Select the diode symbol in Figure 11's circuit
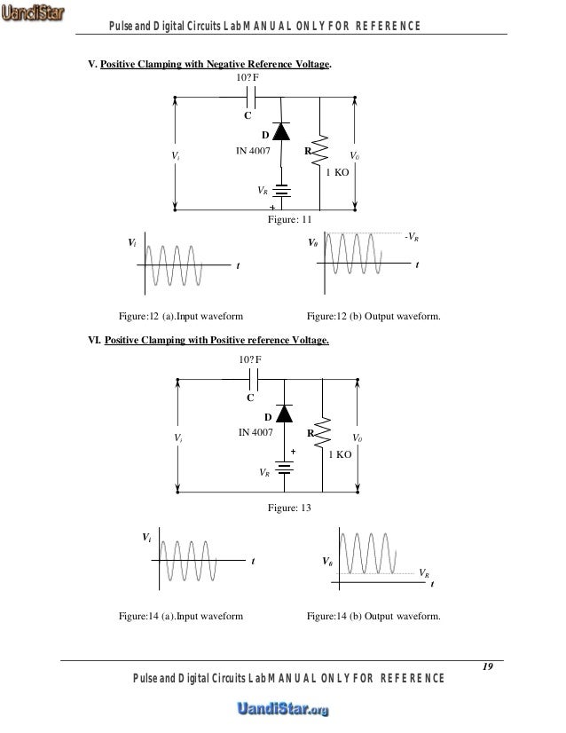tap(282, 131)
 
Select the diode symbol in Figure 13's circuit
tap(283, 413)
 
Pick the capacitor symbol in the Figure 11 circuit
tap(250, 98)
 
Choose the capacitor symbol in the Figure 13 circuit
tap(254, 380)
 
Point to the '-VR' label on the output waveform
tap(411, 237)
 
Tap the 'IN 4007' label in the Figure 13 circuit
tap(256, 433)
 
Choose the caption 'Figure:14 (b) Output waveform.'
tap(373, 617)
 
